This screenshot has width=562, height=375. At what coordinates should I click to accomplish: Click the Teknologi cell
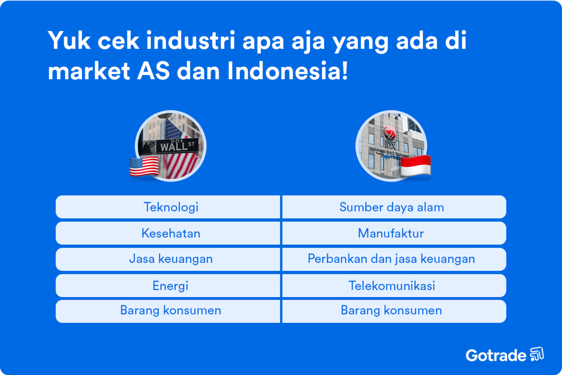tap(171, 207)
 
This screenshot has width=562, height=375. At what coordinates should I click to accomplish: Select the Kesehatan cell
tap(171, 233)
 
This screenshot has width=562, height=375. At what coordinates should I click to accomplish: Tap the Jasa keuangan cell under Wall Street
tap(171, 259)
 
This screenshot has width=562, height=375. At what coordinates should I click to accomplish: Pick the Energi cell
tap(171, 286)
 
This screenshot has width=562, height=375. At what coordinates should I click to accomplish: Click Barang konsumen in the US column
tap(171, 310)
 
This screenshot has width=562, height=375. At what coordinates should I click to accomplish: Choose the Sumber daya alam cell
tap(391, 207)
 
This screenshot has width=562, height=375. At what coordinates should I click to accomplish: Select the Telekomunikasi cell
tap(392, 286)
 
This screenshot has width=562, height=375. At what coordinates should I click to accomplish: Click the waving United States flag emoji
tap(144, 167)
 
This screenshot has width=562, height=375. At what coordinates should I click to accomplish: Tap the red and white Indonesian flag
tap(415, 165)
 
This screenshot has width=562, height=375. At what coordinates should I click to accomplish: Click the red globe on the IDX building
tap(390, 132)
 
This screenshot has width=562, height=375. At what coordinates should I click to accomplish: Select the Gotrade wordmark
tap(496, 355)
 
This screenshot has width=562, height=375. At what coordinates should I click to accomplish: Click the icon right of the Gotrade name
tap(537, 354)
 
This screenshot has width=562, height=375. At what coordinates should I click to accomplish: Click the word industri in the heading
tap(190, 40)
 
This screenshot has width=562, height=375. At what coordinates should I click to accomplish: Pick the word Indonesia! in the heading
tap(287, 71)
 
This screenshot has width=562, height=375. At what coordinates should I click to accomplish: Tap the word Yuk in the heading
tap(69, 40)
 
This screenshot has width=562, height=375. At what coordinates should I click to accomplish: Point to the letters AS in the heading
tap(153, 71)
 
